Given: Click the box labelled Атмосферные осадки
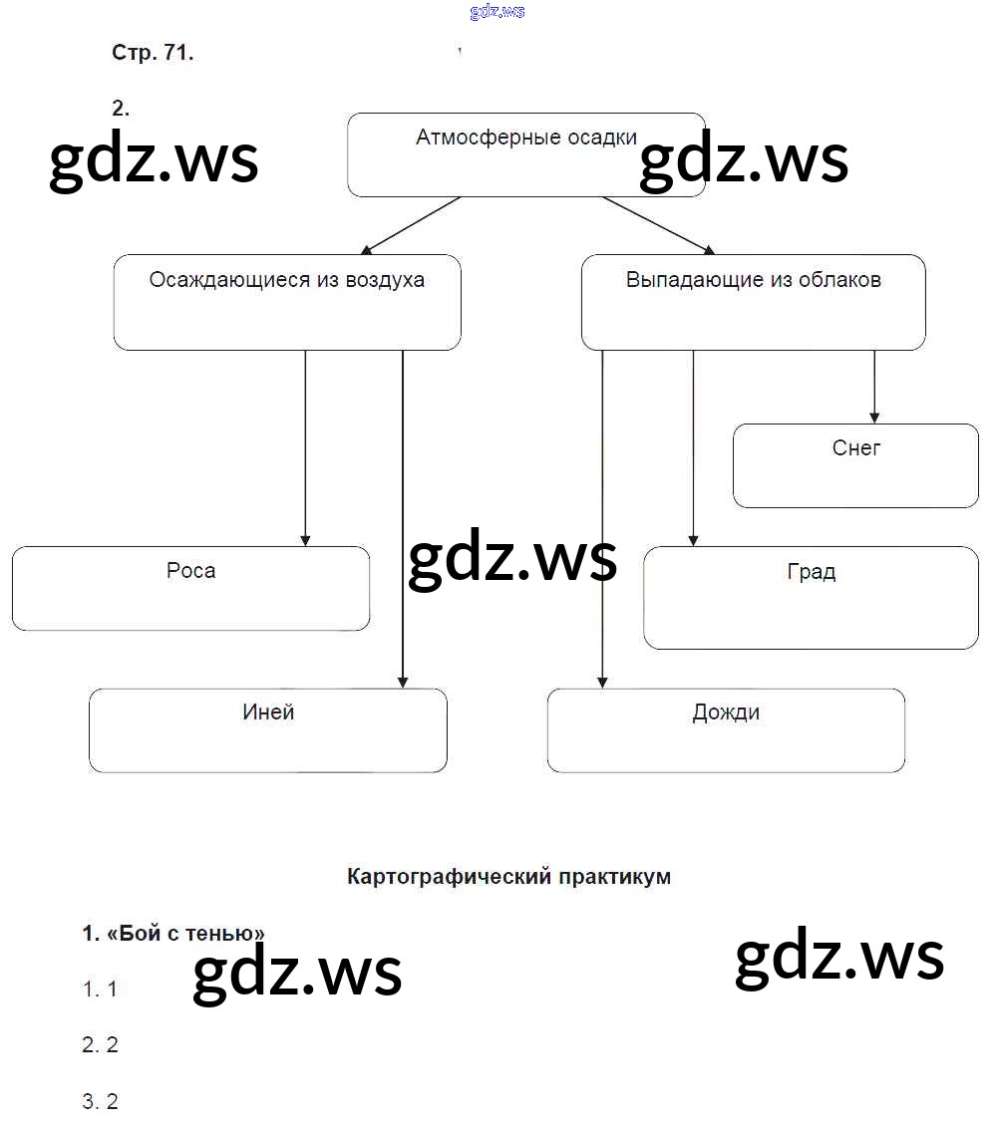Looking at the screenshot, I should (525, 154).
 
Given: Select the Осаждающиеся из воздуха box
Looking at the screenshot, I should (287, 302).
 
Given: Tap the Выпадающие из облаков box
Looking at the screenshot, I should (753, 302).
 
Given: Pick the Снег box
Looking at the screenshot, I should (855, 465).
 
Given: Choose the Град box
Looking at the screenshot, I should (811, 597).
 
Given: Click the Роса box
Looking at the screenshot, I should (190, 588).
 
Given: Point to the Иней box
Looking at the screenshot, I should (267, 729).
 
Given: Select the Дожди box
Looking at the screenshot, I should (726, 729).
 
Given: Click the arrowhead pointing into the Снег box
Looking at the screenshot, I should (874, 417).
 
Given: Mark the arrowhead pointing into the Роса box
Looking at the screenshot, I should (305, 539).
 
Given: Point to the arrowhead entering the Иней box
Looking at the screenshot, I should (403, 682).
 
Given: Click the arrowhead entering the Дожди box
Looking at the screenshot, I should (602, 682).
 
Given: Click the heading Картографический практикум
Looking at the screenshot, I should (508, 877).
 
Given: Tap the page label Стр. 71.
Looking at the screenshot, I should (153, 54).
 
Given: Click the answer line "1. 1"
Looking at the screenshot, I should (100, 990).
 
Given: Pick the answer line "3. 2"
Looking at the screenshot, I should (100, 1102).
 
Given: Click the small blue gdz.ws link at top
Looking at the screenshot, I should (497, 12).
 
